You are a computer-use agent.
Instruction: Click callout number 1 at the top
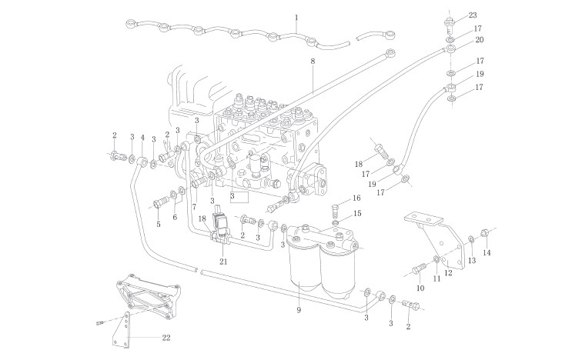click(x=296, y=17)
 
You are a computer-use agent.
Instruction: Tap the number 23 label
click(x=473, y=15)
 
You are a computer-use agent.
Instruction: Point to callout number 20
click(x=480, y=40)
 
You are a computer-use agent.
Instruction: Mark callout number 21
click(x=224, y=262)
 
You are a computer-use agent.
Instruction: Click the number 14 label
click(x=486, y=252)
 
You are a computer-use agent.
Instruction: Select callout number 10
click(x=420, y=288)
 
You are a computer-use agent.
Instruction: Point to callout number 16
click(x=356, y=198)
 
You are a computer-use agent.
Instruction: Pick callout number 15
click(x=356, y=213)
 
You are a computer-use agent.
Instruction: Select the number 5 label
click(x=159, y=225)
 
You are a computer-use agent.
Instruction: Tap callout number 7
click(x=195, y=207)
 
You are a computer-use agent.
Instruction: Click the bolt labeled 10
click(x=418, y=268)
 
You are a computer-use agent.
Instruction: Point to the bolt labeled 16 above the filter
click(x=336, y=207)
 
